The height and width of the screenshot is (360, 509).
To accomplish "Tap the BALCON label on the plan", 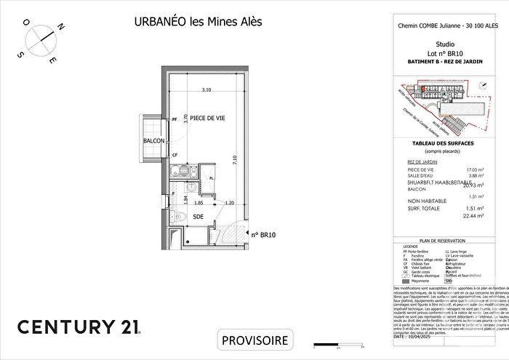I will (153, 140).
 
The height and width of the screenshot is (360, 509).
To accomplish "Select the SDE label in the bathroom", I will (198, 216).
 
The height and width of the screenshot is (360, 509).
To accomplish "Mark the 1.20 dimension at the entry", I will (229, 204).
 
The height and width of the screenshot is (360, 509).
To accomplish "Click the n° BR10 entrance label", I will (265, 235).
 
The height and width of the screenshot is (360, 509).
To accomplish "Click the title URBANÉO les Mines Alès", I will (198, 21).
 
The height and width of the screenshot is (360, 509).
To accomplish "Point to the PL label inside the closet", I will (211, 178).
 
